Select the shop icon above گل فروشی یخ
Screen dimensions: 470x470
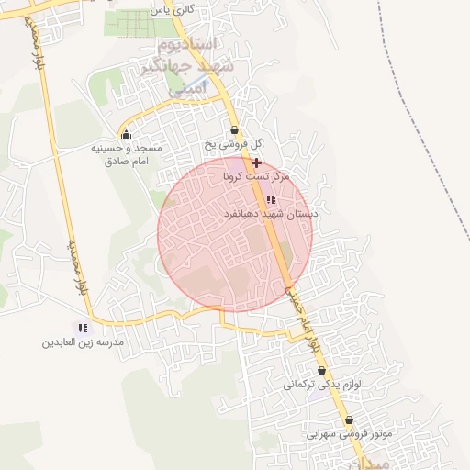(234, 129)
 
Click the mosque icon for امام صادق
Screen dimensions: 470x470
(126, 134)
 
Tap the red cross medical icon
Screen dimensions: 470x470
(256, 162)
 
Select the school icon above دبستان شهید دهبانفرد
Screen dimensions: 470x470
(270, 199)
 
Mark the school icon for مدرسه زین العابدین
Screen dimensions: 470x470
(82, 328)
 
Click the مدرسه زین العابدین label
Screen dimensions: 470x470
(82, 343)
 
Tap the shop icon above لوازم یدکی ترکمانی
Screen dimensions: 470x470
(321, 371)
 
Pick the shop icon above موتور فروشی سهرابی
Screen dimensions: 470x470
(349, 420)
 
